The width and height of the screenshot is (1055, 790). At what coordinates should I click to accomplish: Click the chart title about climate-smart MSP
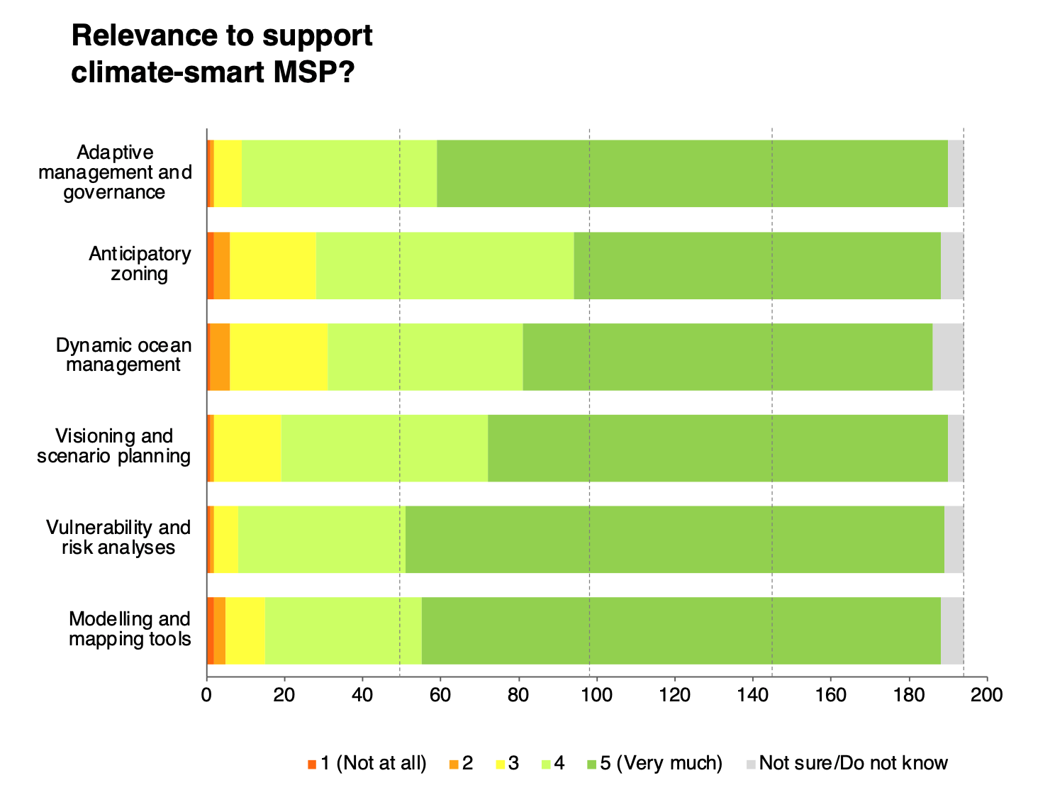click(222, 54)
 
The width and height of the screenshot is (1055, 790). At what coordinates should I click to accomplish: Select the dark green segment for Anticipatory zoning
click(757, 265)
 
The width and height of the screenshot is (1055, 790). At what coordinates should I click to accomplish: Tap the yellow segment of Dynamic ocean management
click(279, 357)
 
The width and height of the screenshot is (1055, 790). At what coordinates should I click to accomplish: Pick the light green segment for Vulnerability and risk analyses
click(321, 539)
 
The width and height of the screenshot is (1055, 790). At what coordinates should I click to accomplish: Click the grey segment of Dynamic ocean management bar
click(947, 357)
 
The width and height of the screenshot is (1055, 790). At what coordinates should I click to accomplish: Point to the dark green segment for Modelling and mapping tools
click(681, 630)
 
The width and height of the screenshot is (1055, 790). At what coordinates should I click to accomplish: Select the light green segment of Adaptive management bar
click(339, 174)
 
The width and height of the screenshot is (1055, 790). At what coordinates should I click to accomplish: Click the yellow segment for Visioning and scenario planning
click(247, 448)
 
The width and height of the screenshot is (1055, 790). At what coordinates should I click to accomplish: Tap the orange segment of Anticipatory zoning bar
click(222, 265)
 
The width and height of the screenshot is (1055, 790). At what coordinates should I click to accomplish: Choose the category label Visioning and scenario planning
click(114, 446)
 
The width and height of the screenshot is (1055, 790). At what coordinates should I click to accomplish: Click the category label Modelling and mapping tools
click(130, 629)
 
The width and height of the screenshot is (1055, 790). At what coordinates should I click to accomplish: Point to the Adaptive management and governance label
click(115, 172)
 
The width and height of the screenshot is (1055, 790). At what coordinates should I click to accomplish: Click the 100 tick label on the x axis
click(596, 695)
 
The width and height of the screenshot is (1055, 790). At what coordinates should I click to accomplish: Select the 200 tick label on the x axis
click(986, 695)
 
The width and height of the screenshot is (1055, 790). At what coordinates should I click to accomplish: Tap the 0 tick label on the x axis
click(206, 695)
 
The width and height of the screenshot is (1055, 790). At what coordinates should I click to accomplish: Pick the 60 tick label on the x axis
click(440, 695)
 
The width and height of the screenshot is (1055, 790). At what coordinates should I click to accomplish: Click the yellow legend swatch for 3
click(501, 764)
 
